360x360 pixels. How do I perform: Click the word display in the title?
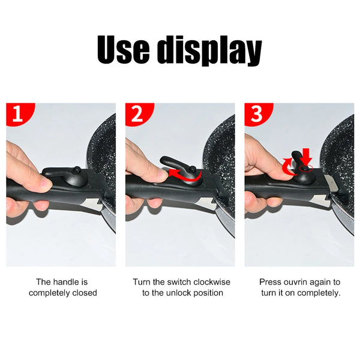[209, 51]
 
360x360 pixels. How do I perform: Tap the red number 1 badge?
[18, 114]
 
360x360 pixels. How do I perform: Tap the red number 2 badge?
[137, 114]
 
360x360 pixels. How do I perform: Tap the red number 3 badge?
[256, 114]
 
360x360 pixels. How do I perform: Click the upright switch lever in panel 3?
[296, 161]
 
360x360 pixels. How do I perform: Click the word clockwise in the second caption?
[211, 282]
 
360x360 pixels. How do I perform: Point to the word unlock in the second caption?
[179, 293]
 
